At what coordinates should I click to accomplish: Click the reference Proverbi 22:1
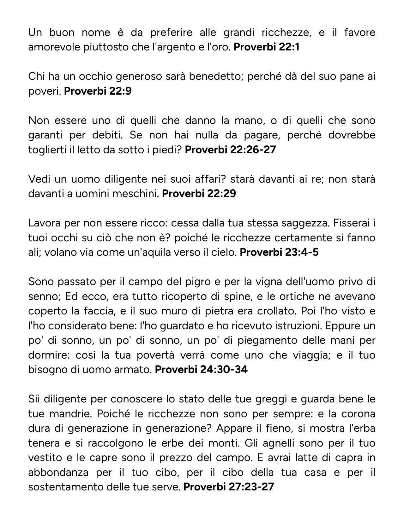tap(266, 47)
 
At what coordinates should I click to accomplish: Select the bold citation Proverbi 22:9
tap(98, 91)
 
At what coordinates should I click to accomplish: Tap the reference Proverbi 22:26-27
tap(230, 149)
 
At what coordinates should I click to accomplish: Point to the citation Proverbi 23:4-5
tap(279, 252)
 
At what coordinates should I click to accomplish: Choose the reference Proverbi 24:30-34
tap(201, 369)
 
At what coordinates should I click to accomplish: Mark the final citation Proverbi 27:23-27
tap(228, 487)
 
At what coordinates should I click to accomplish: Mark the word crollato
tap(273, 311)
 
